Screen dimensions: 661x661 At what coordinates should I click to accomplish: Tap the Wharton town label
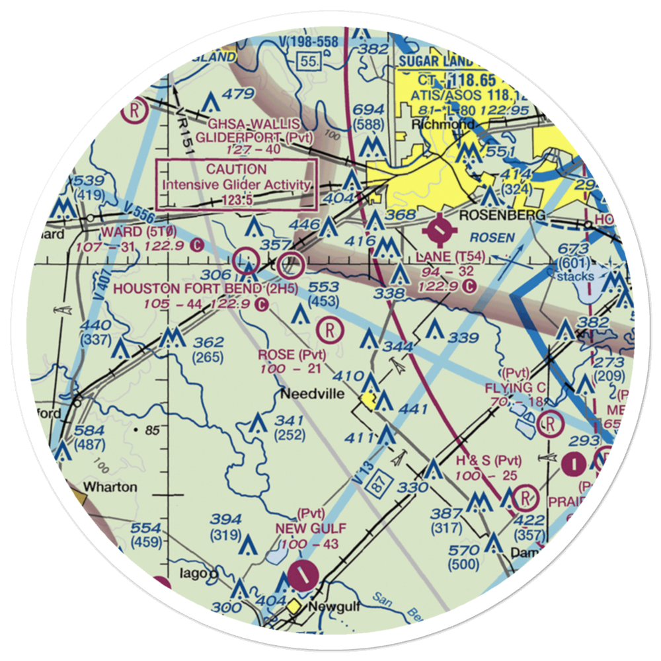click(x=109, y=487)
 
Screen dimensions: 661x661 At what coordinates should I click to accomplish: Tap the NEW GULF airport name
click(x=303, y=528)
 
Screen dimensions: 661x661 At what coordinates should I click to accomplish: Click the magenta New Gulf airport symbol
click(x=302, y=574)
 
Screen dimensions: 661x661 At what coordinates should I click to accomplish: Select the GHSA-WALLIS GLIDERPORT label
click(x=254, y=131)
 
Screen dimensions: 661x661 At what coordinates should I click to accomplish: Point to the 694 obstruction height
click(x=368, y=110)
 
